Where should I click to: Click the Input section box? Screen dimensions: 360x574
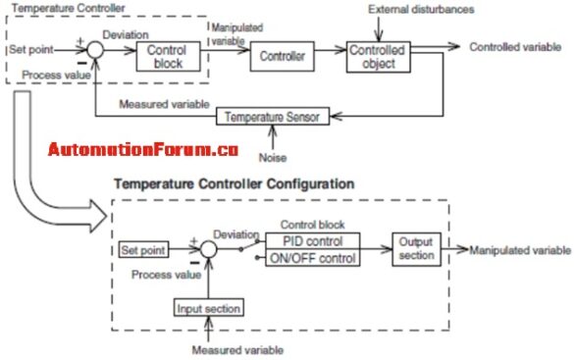click(x=208, y=308)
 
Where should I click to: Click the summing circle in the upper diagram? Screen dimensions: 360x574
click(x=94, y=48)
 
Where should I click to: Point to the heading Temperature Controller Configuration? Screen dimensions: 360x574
click(x=235, y=183)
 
